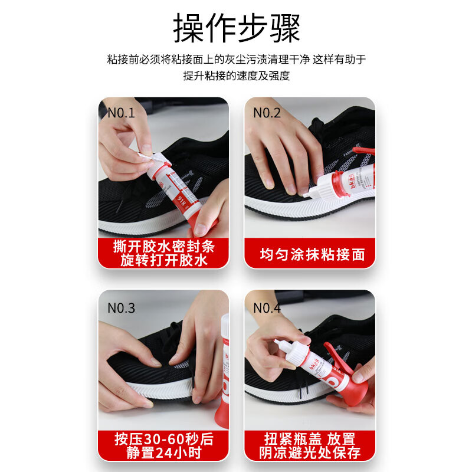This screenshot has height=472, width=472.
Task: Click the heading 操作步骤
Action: [x=236, y=27]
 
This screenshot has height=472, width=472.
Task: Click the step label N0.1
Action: [x=121, y=113]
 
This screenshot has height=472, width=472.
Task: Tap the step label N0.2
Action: [x=267, y=113]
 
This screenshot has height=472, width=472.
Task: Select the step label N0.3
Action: [x=121, y=307]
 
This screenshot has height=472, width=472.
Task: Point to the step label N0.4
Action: [x=267, y=307]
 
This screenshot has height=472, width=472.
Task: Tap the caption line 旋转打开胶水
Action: [x=163, y=260]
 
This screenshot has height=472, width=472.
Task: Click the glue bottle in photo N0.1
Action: [x=177, y=186]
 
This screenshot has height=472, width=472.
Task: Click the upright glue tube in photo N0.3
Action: [x=225, y=372]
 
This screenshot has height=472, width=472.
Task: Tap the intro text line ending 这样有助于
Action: [x=236, y=59]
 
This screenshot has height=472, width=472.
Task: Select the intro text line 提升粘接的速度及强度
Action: [x=236, y=76]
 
